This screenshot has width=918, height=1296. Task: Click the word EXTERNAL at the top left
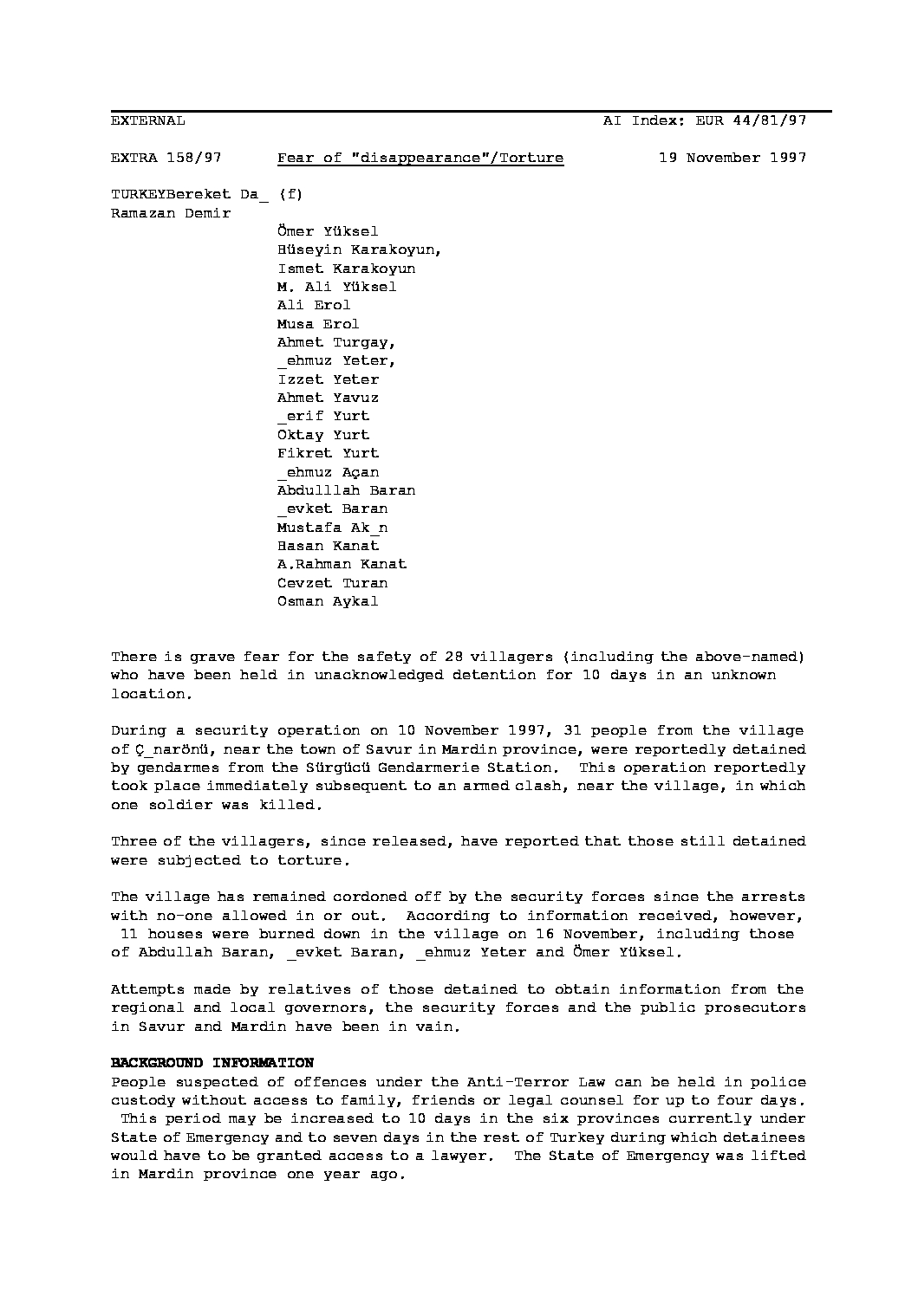pos(147,121)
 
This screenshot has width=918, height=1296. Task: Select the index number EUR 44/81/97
pos(751,121)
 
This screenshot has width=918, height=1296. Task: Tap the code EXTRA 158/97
pos(166,158)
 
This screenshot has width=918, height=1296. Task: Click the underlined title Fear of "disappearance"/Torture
pos(420,158)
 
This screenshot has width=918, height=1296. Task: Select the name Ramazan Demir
pos(171,213)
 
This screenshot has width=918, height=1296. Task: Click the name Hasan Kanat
pos(328,546)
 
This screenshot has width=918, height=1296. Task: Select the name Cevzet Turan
pos(332,583)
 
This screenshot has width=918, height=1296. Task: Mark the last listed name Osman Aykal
pos(328,601)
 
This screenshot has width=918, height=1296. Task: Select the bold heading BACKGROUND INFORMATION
pos(212,1063)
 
